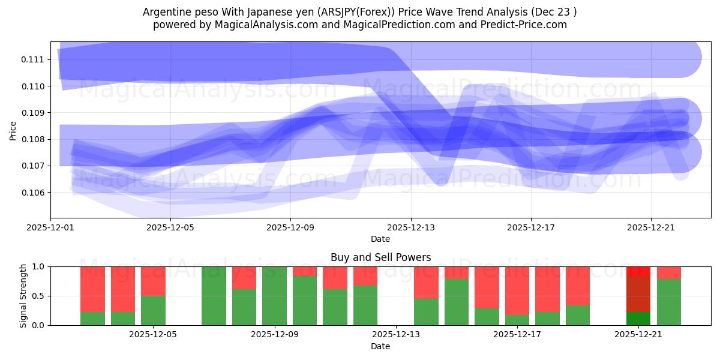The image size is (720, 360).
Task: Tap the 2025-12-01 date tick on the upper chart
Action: click(51, 228)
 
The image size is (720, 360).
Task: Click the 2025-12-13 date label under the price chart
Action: click(411, 228)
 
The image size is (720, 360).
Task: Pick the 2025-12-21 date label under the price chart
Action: click(651, 228)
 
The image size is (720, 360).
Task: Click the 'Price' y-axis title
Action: click(13, 130)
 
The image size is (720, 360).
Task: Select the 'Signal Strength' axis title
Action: click(23, 296)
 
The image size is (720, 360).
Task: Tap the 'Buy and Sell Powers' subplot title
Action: click(380, 257)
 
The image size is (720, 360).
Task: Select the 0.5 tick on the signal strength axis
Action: click(38, 296)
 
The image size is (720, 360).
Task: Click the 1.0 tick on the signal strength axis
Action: click(38, 266)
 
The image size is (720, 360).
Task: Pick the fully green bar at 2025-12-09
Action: click(275, 296)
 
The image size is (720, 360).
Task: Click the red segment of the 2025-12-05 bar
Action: click(153, 281)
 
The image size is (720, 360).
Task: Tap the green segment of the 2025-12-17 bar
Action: click(517, 320)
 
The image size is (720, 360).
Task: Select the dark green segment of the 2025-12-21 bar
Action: click(638, 319)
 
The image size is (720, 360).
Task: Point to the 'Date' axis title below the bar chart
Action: click(380, 346)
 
